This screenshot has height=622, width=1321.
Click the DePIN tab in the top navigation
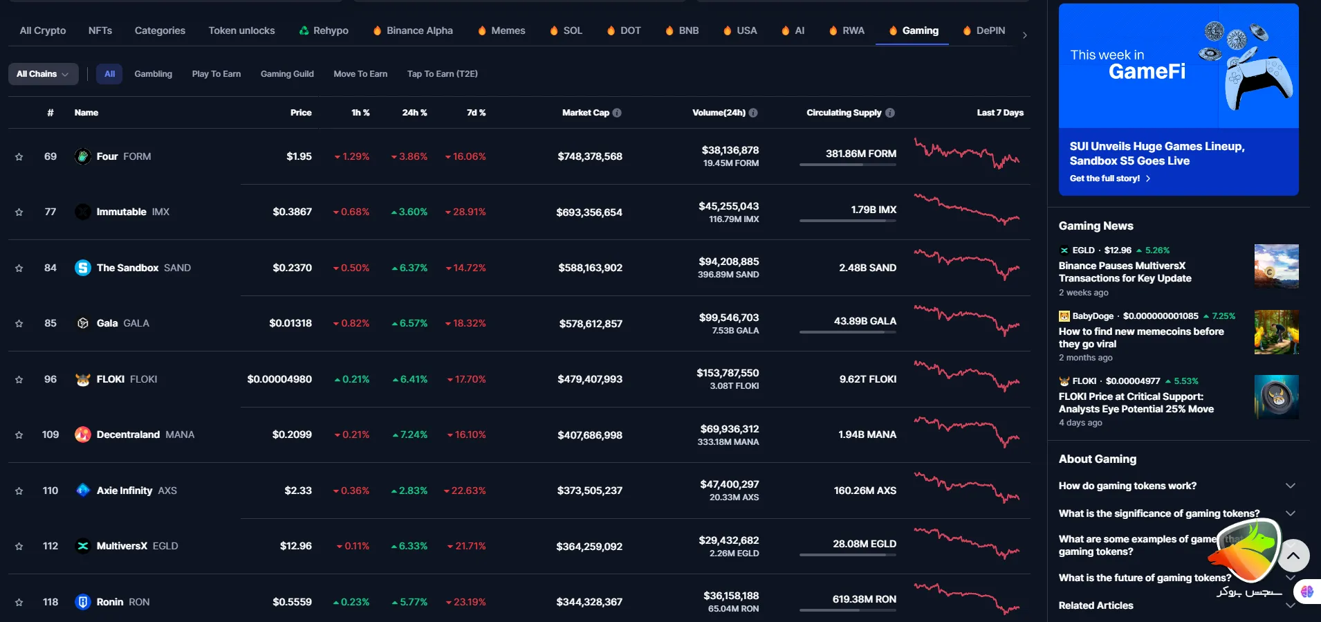pyautogui.click(x=990, y=30)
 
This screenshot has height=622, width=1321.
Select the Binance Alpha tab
pyautogui.click(x=419, y=30)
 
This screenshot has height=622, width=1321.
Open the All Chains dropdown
pyautogui.click(x=43, y=74)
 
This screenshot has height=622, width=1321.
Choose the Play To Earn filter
pyautogui.click(x=216, y=74)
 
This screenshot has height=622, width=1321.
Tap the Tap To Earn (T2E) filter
pyautogui.click(x=442, y=74)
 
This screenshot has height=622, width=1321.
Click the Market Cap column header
pyautogui.click(x=585, y=113)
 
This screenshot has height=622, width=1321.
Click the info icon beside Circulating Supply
pyautogui.click(x=890, y=113)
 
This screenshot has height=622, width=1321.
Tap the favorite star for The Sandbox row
pyautogui.click(x=19, y=268)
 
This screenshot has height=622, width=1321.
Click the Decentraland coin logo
pyautogui.click(x=83, y=435)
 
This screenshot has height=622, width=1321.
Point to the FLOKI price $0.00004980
pyautogui.click(x=279, y=379)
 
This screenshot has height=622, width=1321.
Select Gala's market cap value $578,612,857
pyautogui.click(x=590, y=323)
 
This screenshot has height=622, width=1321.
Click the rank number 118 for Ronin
pyautogui.click(x=50, y=602)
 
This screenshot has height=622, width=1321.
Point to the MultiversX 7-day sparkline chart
pyautogui.click(x=966, y=544)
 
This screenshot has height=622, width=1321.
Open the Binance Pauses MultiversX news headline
pyautogui.click(x=1125, y=272)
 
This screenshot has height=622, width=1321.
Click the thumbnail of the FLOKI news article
pyautogui.click(x=1276, y=397)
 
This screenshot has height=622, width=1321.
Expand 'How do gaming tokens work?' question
pyautogui.click(x=1127, y=486)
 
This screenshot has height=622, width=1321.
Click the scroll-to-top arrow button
pyautogui.click(x=1293, y=555)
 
